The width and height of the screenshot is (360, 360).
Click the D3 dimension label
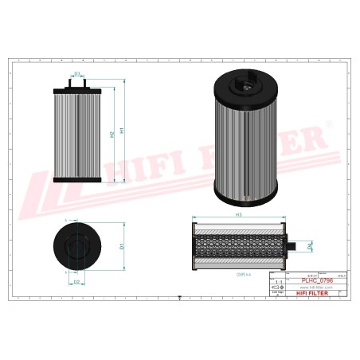pos(77,74)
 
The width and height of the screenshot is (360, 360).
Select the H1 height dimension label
pos(121,130)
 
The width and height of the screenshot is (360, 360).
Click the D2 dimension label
pos(77,282)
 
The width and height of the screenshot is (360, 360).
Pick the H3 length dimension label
pos(238,214)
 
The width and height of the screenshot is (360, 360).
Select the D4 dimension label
pos(311,248)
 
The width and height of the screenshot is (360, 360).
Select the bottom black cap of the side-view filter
pos(76,181)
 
